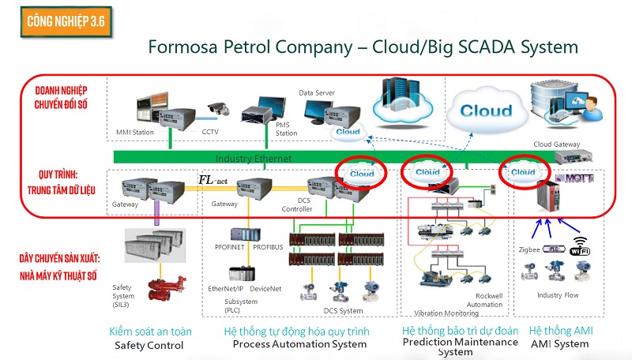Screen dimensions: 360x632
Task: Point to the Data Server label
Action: [316, 92]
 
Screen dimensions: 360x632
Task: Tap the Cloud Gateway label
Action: [556, 144]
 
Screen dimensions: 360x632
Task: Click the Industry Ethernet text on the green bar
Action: [253, 159]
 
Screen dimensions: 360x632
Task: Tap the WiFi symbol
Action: [581, 246]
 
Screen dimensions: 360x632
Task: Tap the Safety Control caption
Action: [149, 345]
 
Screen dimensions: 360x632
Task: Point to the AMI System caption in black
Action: [559, 343]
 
